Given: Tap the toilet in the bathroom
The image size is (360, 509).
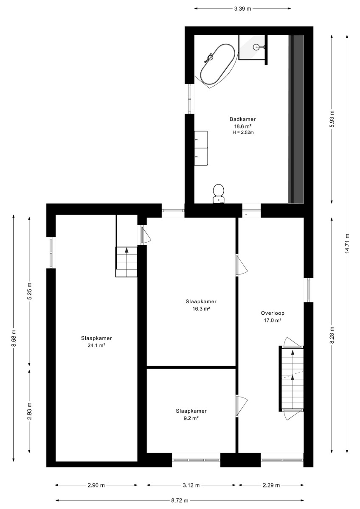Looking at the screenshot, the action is [219, 193].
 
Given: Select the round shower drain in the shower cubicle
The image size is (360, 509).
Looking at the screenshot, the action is [256, 47].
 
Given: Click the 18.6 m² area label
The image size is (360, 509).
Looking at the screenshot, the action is [242, 126].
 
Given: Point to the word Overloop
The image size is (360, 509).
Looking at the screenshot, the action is [273, 313].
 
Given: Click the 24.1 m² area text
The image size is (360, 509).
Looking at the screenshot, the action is [96, 345].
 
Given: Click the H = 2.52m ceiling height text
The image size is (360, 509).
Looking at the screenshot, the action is [243, 132].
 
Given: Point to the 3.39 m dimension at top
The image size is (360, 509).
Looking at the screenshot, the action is [242, 8].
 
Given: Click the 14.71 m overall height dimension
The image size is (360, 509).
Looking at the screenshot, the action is [347, 243].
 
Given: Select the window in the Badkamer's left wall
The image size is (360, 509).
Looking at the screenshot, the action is [189, 99].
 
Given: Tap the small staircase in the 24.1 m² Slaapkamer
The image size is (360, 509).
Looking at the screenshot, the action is [127, 262].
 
